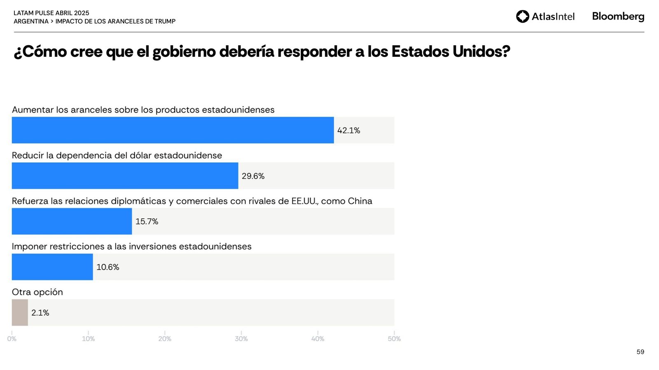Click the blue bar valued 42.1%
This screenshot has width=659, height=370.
click(173, 130)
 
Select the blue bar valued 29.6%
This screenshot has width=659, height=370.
click(125, 176)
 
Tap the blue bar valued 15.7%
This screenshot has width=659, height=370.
click(72, 222)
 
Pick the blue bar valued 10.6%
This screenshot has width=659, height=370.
click(52, 267)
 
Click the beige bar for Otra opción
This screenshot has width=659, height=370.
click(20, 313)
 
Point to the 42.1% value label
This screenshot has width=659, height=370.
click(348, 131)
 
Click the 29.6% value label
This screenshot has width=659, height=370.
click(253, 176)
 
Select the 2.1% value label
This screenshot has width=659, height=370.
click(40, 313)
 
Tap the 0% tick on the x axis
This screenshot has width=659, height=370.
click(12, 339)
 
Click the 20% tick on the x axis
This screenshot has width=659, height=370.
click(165, 339)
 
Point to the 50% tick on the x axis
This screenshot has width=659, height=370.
click(394, 339)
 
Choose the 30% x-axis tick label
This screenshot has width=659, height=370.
click(241, 339)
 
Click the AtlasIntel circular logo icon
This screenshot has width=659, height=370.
click(522, 16)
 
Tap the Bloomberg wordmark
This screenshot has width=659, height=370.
click(618, 16)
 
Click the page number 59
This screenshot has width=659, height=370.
click(640, 352)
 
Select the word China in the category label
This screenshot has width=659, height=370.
click(360, 201)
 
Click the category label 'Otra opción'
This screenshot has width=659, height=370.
click(37, 292)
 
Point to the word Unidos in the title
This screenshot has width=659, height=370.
click(481, 52)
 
